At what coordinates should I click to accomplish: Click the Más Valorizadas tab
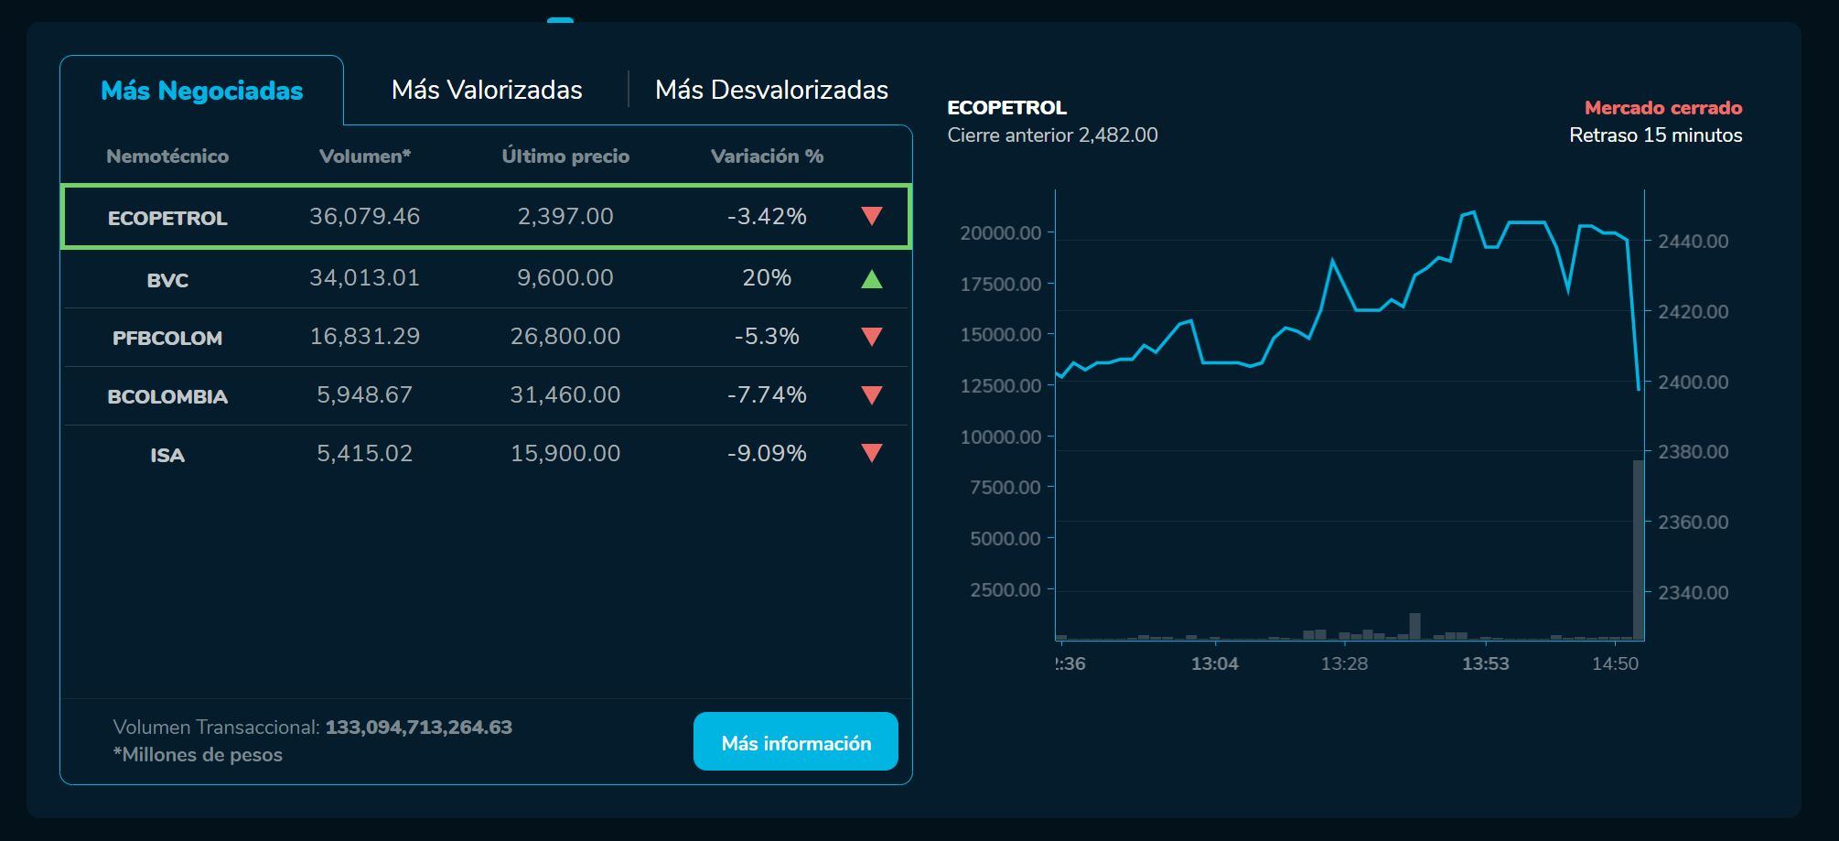tap(487, 90)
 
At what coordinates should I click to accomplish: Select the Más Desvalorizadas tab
tap(771, 90)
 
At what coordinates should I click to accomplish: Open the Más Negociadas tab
tap(201, 91)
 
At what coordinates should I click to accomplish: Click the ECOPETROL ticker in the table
tap(167, 218)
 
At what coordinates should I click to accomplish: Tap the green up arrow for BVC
tap(871, 279)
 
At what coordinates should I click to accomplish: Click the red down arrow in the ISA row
tap(871, 453)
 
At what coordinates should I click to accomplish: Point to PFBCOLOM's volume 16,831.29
tap(364, 337)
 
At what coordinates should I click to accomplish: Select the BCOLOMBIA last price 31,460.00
tap(565, 395)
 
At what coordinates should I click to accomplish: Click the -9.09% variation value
tap(767, 454)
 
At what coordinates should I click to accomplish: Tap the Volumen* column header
tap(364, 156)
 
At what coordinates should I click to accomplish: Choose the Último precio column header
tap(565, 156)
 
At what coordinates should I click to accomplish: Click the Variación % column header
tap(767, 156)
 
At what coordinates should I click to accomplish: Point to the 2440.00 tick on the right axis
tap(1693, 242)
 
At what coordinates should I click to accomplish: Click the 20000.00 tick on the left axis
tap(1000, 233)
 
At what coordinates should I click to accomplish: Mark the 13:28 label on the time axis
tap(1344, 663)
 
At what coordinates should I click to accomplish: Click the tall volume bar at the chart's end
tap(1638, 549)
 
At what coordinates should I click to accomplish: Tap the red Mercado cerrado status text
tap(1662, 108)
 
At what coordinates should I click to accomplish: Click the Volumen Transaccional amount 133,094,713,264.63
tap(418, 728)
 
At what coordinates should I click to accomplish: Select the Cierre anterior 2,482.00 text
tap(1052, 135)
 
